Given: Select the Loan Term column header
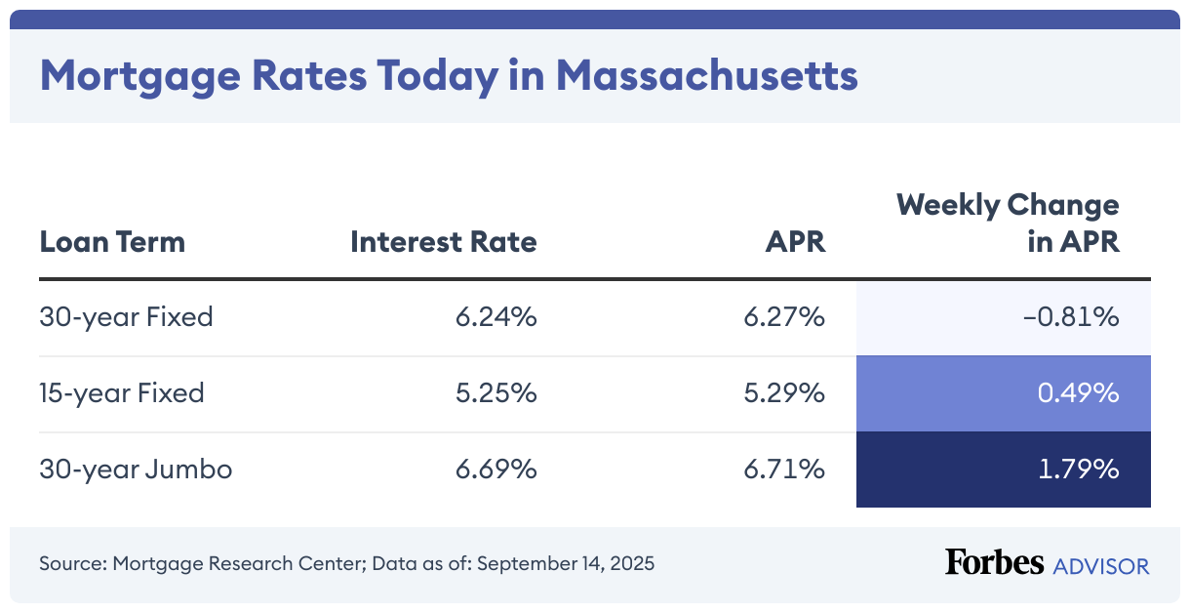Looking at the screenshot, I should click(x=112, y=242).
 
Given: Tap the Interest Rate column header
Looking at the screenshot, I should click(x=444, y=242).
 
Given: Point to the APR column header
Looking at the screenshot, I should click(x=795, y=242).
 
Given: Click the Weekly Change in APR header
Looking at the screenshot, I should click(x=1008, y=224).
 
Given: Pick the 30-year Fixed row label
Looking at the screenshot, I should click(x=126, y=317).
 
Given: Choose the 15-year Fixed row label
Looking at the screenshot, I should click(x=122, y=393).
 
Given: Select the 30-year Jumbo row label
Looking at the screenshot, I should click(x=136, y=470).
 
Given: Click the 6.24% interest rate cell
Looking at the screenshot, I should click(x=496, y=317).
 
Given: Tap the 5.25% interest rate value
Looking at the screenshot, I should click(x=496, y=393).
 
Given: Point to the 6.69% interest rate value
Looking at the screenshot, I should click(x=496, y=470).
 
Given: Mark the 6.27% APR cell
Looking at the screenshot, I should click(x=785, y=317).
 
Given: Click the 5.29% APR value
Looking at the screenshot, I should click(x=785, y=393).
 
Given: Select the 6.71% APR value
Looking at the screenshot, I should click(x=785, y=470).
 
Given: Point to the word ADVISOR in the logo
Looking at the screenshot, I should click(x=1101, y=565).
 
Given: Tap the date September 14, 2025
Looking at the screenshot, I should click(x=566, y=564).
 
